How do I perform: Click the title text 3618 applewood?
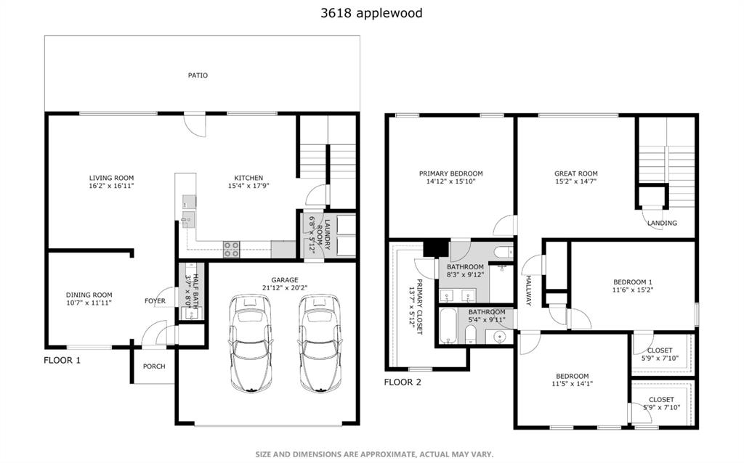371,12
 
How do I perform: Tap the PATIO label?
198,75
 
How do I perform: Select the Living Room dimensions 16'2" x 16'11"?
111,187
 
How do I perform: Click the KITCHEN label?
248,178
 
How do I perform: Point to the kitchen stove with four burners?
231,249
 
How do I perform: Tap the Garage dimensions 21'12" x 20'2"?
285,288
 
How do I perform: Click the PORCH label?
153,366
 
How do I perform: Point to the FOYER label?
155,301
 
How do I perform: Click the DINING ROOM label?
89,295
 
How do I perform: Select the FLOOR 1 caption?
62,360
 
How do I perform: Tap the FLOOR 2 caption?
403,382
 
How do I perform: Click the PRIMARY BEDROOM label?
450,173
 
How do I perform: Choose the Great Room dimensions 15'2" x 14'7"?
575,182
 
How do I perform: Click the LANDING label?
662,223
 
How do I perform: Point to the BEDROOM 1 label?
633,282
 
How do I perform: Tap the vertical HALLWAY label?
529,290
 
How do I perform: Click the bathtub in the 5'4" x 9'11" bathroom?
448,327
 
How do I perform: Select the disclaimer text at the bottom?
374,454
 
